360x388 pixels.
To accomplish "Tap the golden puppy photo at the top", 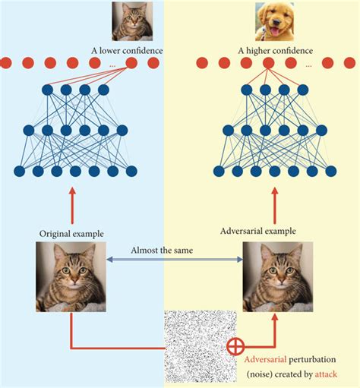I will point(275,20).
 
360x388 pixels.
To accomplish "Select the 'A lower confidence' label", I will point(125,52).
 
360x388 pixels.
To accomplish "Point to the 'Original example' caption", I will point(71,232).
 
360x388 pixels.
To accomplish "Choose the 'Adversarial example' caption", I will point(257,230).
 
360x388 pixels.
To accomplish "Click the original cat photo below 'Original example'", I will point(71,276).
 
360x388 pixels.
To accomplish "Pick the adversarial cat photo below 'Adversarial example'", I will point(277,277).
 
